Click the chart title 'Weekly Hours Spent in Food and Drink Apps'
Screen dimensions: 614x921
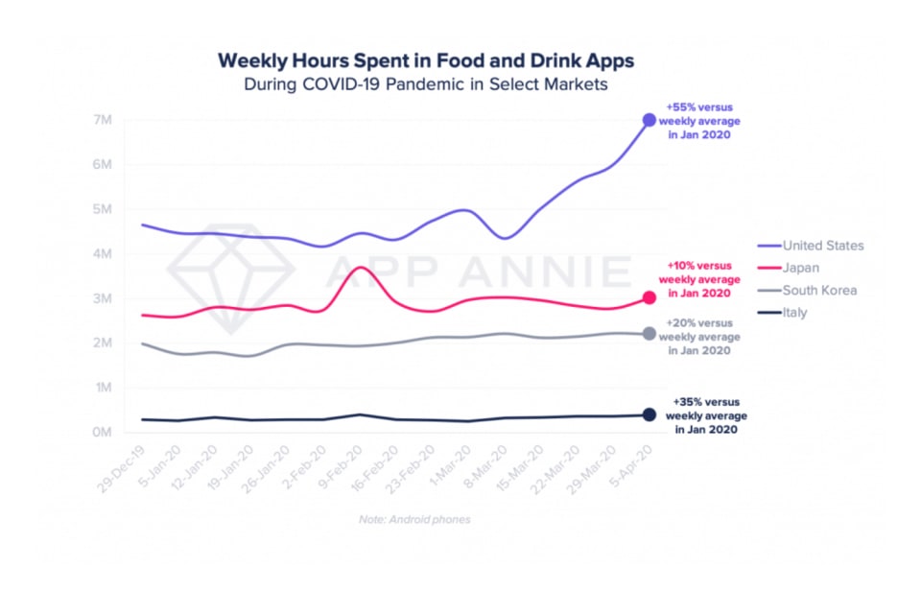[x=426, y=60]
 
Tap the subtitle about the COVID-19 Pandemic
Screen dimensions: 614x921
[x=426, y=84]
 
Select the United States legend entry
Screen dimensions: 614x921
[x=822, y=246]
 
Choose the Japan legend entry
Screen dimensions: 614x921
[x=802, y=268]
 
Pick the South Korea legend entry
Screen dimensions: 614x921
[x=819, y=290]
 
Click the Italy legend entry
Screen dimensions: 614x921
[x=796, y=313]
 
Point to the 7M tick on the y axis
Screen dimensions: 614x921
[x=102, y=120]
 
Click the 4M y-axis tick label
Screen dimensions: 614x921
[x=102, y=254]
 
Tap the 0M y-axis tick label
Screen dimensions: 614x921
[x=102, y=433]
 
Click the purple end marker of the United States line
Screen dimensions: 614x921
[x=649, y=120]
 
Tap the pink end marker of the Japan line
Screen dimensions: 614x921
[x=649, y=298]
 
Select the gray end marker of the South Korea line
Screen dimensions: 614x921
[x=649, y=334]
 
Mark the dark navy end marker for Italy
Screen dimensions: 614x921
[x=649, y=414]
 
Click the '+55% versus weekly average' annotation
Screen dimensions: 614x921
[x=699, y=122]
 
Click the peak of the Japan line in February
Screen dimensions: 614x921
[x=359, y=268]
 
